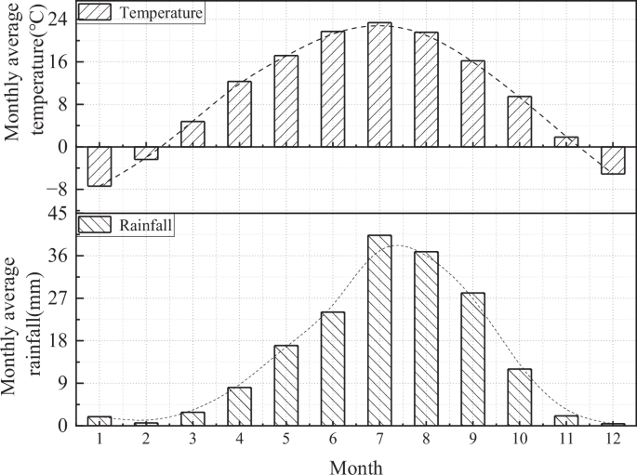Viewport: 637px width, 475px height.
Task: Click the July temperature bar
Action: [379, 85]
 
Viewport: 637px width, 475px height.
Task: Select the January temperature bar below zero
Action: [100, 166]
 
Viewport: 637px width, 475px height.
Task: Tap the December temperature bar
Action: [613, 160]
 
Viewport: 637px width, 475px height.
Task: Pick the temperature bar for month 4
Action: [240, 114]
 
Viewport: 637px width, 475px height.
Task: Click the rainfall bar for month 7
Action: [379, 330]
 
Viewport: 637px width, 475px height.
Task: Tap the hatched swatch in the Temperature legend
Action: [95, 13]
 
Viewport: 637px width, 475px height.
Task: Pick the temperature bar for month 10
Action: [519, 122]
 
